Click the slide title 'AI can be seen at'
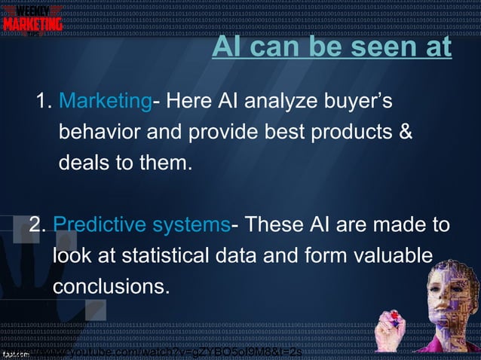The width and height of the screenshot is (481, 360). [332, 47]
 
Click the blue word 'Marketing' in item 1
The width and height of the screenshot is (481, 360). [106, 101]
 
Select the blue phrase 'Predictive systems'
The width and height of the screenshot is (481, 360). [142, 225]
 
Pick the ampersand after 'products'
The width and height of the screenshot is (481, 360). [405, 132]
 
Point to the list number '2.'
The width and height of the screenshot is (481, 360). [39, 225]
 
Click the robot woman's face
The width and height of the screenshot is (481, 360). [446, 282]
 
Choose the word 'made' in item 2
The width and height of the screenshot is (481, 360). [402, 225]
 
